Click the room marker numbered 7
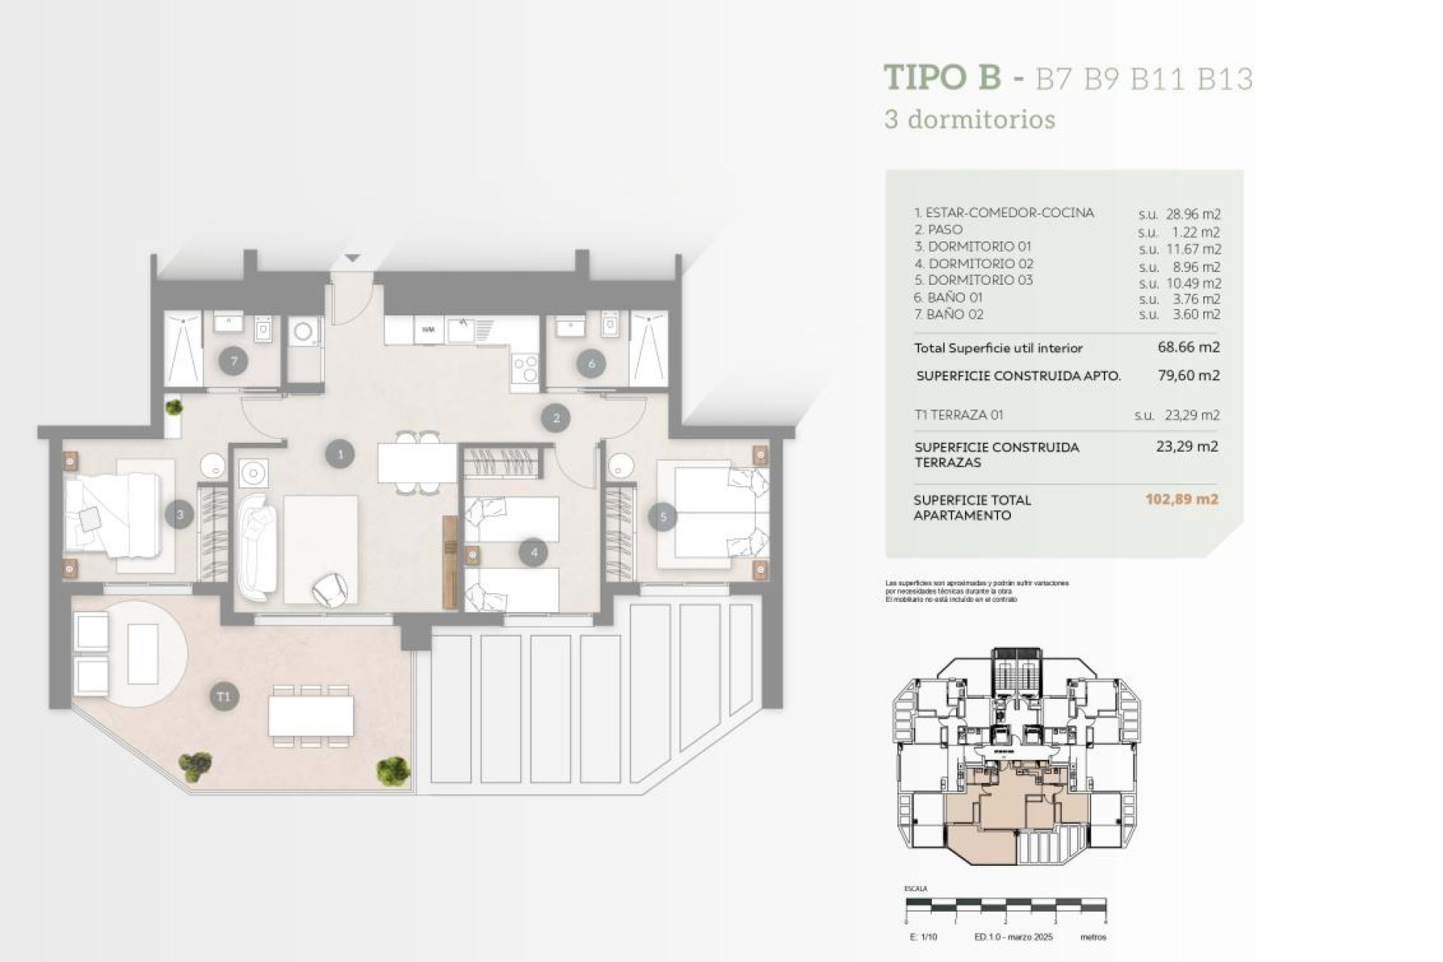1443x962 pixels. [x=233, y=362]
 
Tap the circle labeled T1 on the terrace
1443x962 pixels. [x=224, y=697]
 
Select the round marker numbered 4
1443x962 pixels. [x=534, y=552]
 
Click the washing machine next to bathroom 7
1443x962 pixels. [x=304, y=331]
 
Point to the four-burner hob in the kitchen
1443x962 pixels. [x=525, y=368]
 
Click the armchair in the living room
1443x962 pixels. [x=330, y=588]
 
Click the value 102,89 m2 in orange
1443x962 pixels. [x=1181, y=499]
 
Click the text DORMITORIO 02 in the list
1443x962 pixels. [x=980, y=264]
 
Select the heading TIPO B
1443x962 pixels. [x=942, y=77]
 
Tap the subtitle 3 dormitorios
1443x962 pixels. [x=970, y=119]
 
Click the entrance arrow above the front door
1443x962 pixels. [x=352, y=259]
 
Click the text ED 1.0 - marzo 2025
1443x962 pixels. [x=1013, y=937]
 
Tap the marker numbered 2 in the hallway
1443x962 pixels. [x=556, y=418]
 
